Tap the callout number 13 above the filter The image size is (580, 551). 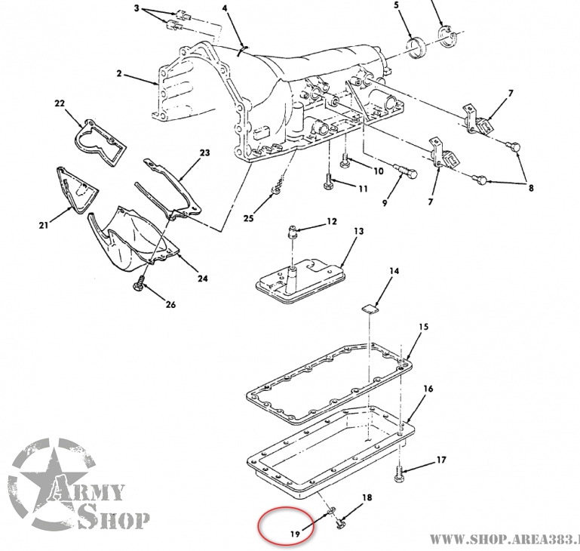click(358, 231)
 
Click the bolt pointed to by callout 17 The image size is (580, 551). click(399, 474)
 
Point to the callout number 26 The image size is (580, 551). click(170, 305)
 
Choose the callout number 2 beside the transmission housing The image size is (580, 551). click(118, 75)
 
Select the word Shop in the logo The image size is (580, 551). click(114, 519)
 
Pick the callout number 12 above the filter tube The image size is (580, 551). click(330, 222)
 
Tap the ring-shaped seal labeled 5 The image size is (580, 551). click(414, 48)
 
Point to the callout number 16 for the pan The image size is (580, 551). click(428, 389)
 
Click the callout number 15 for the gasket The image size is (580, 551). click(423, 327)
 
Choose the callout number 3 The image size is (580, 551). click(136, 8)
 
